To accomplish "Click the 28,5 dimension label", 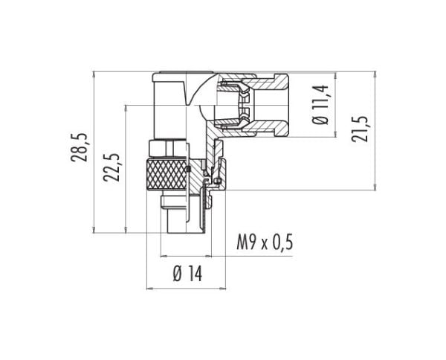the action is tap(80, 147).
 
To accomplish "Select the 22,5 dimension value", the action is tap(111, 167).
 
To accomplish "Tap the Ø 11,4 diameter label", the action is tap(320, 104).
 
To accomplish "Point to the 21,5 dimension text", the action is tap(360, 129).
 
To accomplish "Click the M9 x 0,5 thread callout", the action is tap(265, 242).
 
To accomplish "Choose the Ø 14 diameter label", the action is tap(187, 274).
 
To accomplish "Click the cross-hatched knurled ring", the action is tap(167, 175).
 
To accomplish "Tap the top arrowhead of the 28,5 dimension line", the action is tap(94, 74).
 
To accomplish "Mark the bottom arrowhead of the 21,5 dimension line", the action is tap(375, 187).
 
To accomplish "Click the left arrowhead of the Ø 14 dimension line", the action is tap(149, 289).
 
